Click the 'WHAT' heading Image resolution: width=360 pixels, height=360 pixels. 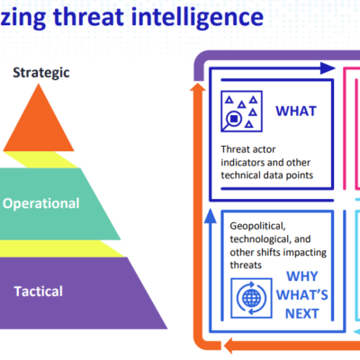tap(296, 112)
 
